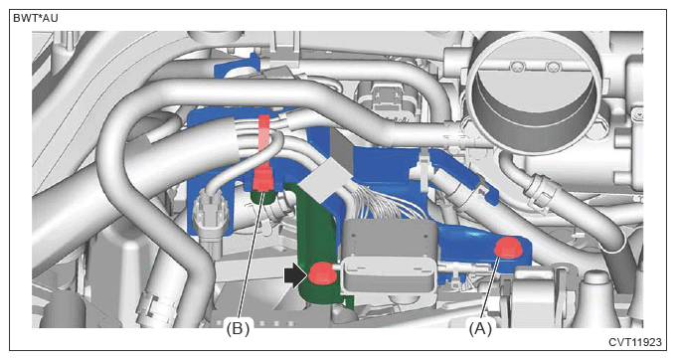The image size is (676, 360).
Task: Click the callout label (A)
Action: click(x=480, y=329)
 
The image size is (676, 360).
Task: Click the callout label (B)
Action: click(x=238, y=329)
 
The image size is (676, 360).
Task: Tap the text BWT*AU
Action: click(x=36, y=19)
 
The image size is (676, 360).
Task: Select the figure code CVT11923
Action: click(x=634, y=342)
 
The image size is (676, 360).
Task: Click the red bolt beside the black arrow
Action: click(x=321, y=273)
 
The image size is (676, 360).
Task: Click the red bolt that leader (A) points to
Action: click(x=508, y=248)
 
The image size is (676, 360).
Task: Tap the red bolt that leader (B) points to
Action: click(x=263, y=181)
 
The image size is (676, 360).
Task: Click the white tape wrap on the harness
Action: click(x=324, y=180)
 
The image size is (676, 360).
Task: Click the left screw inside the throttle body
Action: click(x=516, y=67)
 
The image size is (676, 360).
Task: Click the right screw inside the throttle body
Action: click(x=552, y=68)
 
